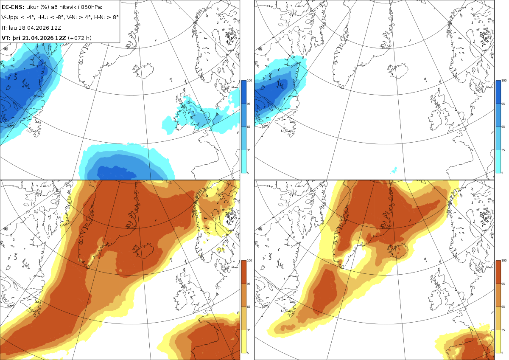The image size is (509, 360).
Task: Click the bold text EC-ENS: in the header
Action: pyautogui.click(x=13, y=7)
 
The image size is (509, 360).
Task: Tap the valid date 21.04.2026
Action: pyautogui.click(x=39, y=38)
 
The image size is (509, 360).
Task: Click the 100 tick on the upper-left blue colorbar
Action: pyautogui.click(x=249, y=81)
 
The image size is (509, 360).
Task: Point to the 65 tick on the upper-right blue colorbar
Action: pyautogui.click(x=503, y=127)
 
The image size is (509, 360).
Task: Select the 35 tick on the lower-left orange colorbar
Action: pyautogui.click(x=249, y=330)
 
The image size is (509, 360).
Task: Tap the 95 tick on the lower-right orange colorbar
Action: pyautogui.click(x=503, y=284)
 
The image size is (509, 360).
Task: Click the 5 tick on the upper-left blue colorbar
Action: pyautogui.click(x=248, y=173)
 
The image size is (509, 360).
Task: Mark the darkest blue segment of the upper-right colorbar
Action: pyautogui.click(x=498, y=92)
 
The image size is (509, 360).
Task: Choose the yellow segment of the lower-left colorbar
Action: pyautogui.click(x=243, y=341)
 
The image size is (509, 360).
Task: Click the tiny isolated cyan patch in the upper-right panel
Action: pyautogui.click(x=394, y=170)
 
